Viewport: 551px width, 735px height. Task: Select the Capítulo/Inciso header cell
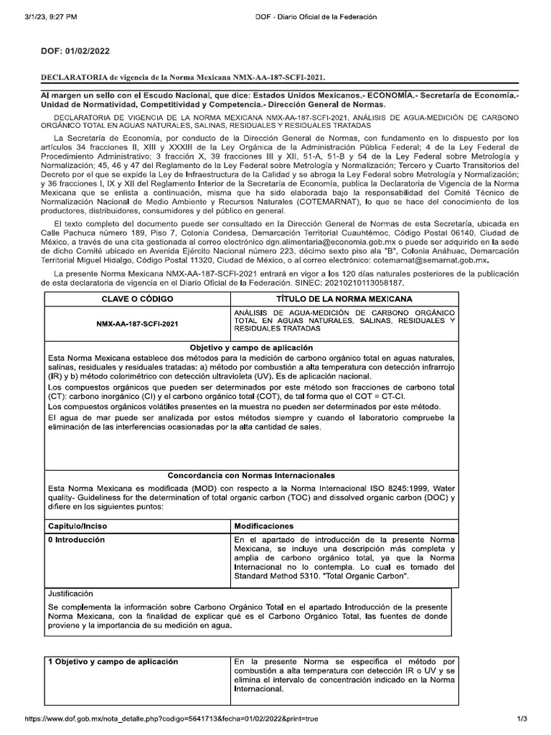(77, 526)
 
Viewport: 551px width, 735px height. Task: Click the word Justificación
(70, 594)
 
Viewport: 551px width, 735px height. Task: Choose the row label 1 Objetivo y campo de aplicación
(113, 661)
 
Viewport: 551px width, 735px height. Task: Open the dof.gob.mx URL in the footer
(171, 718)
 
